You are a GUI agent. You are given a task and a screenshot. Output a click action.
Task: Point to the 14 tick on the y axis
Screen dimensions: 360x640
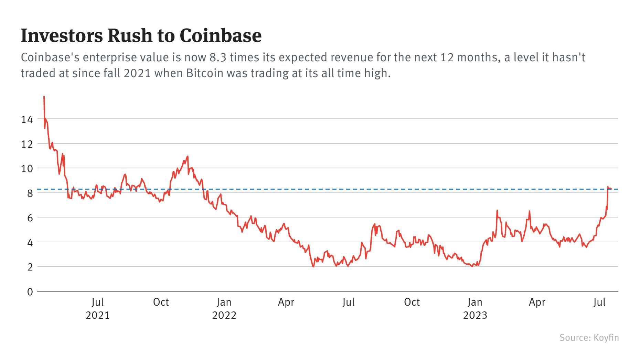[27, 119]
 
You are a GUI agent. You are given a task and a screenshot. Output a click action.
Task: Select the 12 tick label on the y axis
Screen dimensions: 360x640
[27, 144]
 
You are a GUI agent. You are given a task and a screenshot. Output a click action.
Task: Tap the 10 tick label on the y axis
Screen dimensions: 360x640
[27, 169]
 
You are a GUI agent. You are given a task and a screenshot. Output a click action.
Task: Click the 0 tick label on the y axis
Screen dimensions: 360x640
[30, 292]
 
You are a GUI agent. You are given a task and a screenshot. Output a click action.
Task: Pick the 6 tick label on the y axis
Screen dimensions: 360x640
[30, 218]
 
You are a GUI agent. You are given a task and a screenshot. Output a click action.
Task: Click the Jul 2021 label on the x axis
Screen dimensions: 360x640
[98, 308]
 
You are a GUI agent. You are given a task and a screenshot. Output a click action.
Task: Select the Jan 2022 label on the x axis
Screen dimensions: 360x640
[224, 308]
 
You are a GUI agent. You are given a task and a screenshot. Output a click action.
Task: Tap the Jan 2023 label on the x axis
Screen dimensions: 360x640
[475, 308]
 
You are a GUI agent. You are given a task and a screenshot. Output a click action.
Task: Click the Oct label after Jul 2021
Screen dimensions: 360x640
[161, 302]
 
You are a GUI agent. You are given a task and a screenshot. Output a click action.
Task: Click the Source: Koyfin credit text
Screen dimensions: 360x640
[589, 337]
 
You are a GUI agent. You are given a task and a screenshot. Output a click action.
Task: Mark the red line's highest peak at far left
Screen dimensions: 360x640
[44, 97]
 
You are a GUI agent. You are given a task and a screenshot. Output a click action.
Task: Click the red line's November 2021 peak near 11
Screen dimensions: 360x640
[188, 157]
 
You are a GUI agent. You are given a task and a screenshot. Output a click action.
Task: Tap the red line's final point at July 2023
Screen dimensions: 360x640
[610, 189]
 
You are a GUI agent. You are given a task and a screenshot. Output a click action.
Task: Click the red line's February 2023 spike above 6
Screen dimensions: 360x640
[497, 210]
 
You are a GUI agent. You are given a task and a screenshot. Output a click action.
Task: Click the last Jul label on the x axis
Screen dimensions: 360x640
[600, 302]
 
